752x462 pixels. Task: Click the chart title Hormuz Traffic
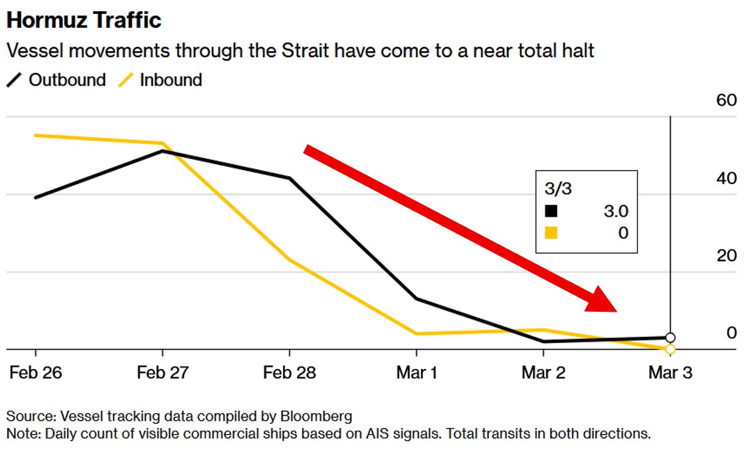[x=84, y=20]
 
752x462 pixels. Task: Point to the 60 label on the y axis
[x=727, y=100]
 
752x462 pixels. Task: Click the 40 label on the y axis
[x=727, y=178]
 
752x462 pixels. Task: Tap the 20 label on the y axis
[x=727, y=256]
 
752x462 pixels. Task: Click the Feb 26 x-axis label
[x=36, y=373]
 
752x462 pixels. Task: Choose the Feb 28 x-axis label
[x=290, y=373]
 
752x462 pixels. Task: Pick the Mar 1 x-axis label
[x=417, y=373]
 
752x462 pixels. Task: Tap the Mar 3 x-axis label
[x=670, y=373]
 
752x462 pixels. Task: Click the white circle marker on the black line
[x=670, y=338]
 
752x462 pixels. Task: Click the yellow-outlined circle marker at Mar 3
[x=670, y=349]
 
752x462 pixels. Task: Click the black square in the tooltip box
[x=551, y=211]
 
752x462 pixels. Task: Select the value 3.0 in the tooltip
[x=615, y=211]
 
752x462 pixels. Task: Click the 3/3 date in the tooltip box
[x=558, y=189]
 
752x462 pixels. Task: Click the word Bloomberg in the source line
[x=316, y=417]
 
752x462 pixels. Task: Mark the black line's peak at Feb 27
[x=163, y=151]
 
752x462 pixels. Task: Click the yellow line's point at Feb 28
[x=290, y=259]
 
